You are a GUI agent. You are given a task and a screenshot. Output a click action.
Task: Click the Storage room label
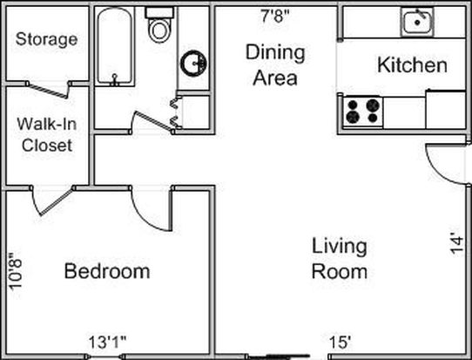46,39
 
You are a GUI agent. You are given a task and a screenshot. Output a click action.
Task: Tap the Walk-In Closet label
47,134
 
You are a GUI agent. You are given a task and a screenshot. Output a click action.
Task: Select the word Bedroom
107,271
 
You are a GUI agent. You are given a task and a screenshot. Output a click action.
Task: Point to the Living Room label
340,259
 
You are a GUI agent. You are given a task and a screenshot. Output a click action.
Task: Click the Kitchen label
412,65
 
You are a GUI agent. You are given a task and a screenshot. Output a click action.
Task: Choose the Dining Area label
275,65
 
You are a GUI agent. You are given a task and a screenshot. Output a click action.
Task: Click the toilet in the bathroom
159,24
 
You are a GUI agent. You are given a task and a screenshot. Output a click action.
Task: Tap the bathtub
115,46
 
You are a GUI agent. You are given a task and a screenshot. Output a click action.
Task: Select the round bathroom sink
194,63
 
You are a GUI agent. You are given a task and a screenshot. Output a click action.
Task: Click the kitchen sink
417,22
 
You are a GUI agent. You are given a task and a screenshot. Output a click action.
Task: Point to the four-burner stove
363,112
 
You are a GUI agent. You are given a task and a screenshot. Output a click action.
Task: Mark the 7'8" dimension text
275,16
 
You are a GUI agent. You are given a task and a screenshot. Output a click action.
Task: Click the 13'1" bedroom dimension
107,343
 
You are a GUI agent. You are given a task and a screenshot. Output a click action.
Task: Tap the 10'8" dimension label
16,272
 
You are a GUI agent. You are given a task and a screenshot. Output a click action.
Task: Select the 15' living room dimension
341,343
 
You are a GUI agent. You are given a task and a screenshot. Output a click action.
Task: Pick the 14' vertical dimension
456,243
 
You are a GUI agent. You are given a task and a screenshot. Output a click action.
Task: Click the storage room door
48,89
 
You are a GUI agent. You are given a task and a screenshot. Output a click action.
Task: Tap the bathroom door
153,122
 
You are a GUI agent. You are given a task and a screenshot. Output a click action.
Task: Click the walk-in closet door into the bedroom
52,201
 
